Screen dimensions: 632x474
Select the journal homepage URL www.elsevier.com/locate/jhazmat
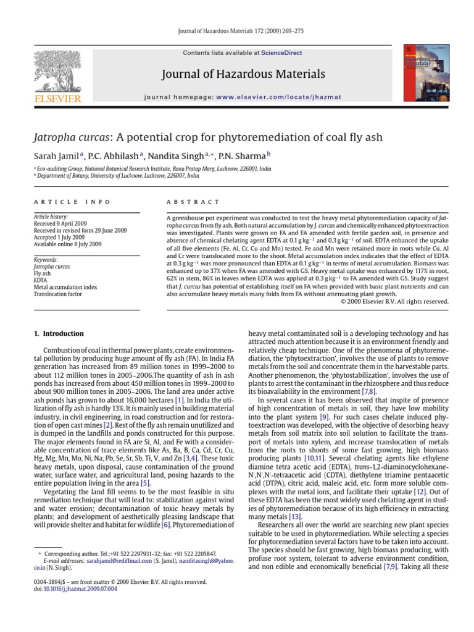coord(278,97)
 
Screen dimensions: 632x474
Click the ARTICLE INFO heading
coord(72,202)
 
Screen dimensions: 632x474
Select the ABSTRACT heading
coord(193,202)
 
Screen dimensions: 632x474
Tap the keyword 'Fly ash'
coord(43,273)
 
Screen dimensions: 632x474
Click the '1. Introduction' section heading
coord(59,334)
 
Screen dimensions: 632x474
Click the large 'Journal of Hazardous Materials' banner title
coord(243,75)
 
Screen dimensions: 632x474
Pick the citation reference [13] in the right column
coord(294,516)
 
